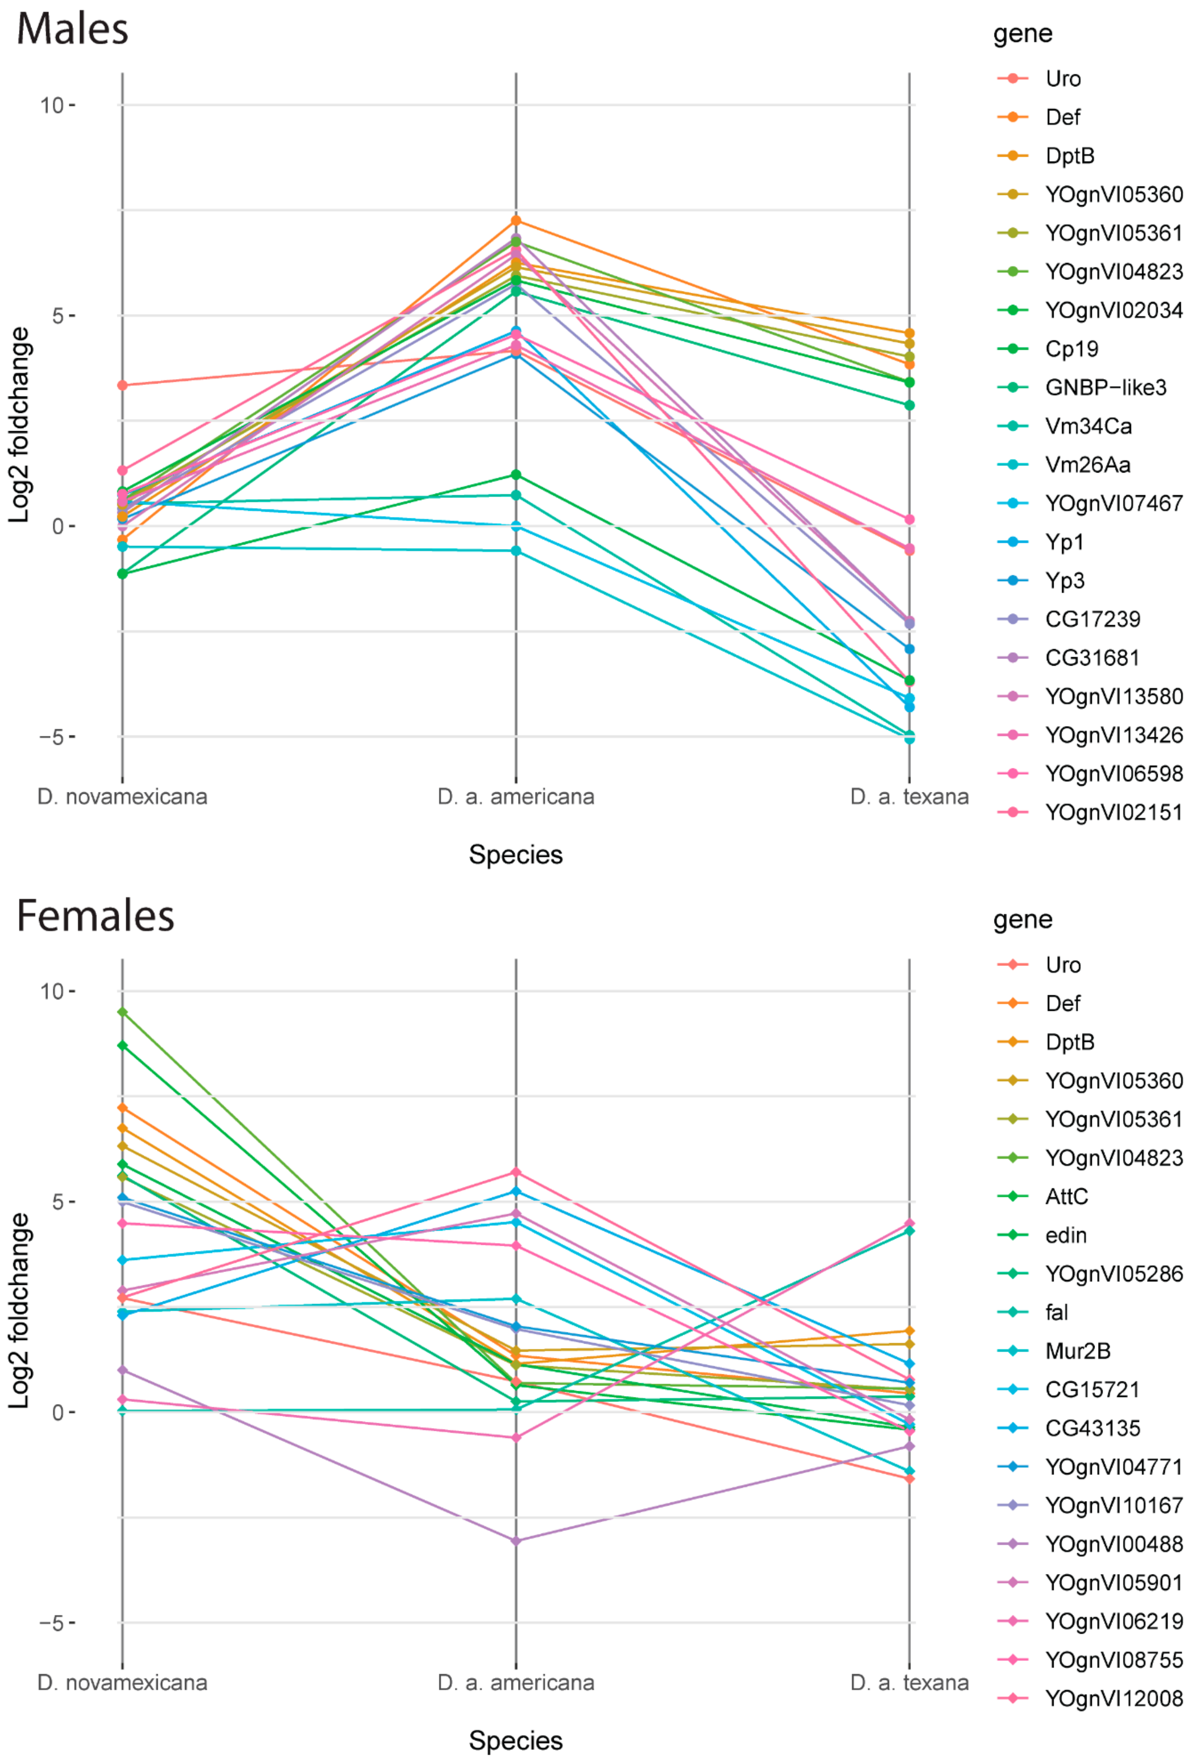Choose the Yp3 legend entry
click(1065, 581)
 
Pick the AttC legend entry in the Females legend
click(1066, 1196)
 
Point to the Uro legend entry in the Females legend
click(1062, 965)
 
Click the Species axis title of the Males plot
click(516, 855)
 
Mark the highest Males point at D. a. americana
click(516, 221)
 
